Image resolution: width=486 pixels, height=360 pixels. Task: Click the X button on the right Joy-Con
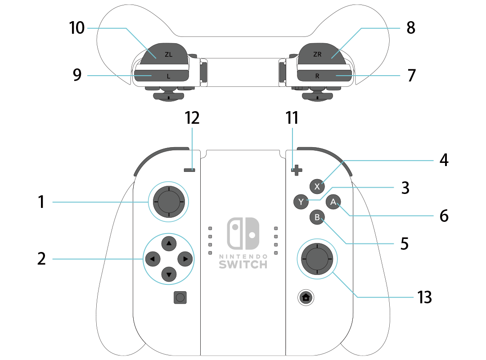pyautogui.click(x=317, y=186)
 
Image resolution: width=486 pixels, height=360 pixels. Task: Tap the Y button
pyautogui.click(x=301, y=202)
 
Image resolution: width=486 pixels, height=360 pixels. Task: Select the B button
pyautogui.click(x=317, y=218)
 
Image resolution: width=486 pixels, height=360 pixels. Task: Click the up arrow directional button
pyautogui.click(x=169, y=243)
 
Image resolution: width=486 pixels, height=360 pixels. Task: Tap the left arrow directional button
pyautogui.click(x=152, y=259)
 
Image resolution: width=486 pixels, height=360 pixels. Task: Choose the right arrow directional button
pyautogui.click(x=185, y=259)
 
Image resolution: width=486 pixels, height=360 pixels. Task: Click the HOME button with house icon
pyautogui.click(x=306, y=297)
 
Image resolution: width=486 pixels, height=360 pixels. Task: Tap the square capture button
pyautogui.click(x=180, y=297)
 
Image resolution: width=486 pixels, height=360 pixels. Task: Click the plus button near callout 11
pyautogui.click(x=296, y=170)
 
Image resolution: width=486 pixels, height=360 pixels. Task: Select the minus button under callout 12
pyautogui.click(x=189, y=170)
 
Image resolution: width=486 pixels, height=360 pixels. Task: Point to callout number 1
pyautogui.click(x=42, y=202)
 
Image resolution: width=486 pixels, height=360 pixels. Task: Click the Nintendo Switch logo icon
pyautogui.click(x=243, y=234)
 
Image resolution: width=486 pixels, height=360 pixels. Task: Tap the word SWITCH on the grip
pyautogui.click(x=243, y=264)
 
